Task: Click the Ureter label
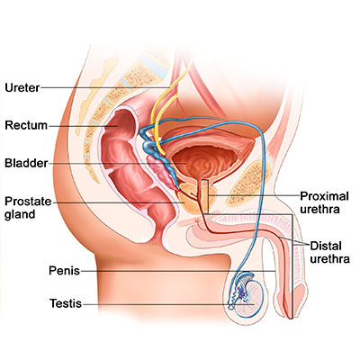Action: point(22,87)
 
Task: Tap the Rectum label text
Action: point(26,125)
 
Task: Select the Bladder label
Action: point(26,163)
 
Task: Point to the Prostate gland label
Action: point(28,208)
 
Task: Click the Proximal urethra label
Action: point(324,202)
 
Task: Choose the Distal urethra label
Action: point(329,252)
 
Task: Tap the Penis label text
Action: point(65,271)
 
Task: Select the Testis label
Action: point(66,303)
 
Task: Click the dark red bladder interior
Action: point(205,160)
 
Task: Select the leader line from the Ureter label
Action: point(104,87)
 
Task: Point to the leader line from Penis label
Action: point(178,271)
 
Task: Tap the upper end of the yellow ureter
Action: point(190,64)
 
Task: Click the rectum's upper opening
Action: point(121,114)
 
